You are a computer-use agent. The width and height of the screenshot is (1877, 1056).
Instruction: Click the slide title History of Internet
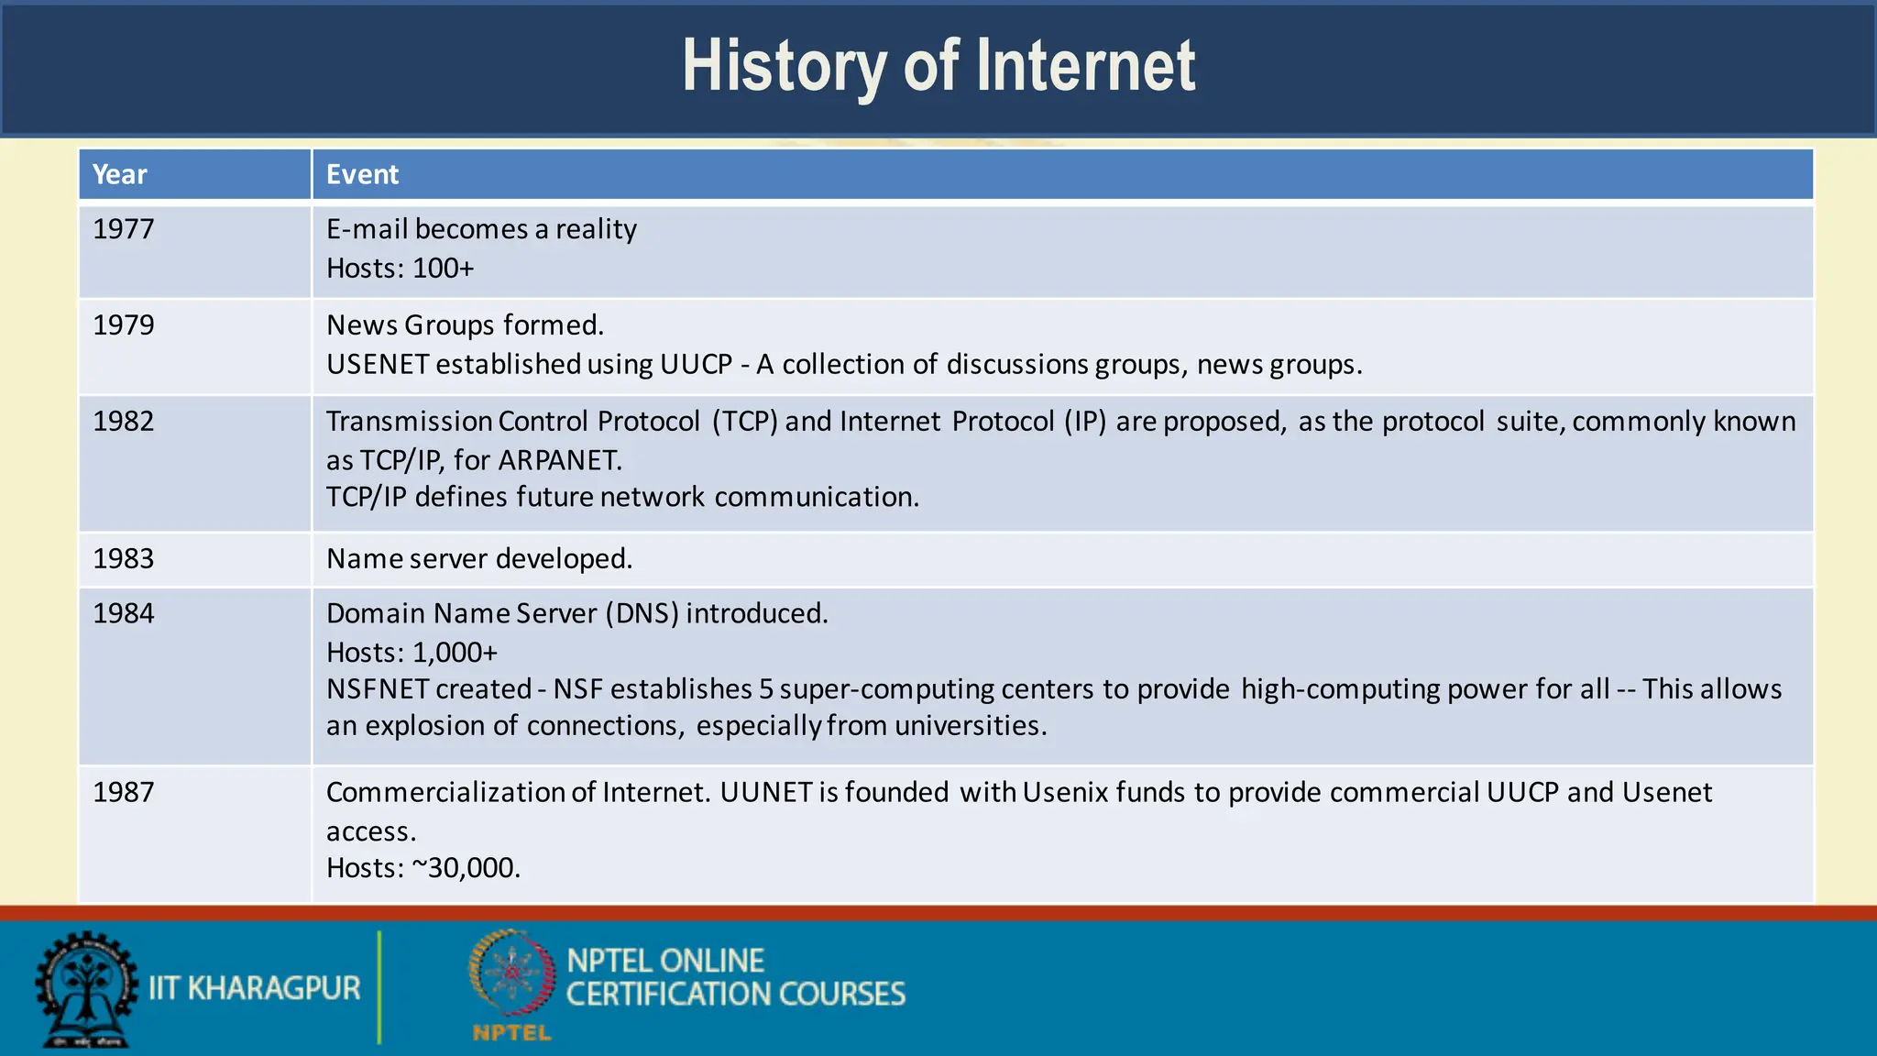[938, 66]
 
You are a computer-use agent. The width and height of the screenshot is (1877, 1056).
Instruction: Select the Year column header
[119, 174]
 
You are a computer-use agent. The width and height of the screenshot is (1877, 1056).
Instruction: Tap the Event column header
[362, 174]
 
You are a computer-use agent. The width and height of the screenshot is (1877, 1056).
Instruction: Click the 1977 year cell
[124, 229]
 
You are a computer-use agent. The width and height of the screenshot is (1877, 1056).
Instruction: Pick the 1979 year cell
[124, 325]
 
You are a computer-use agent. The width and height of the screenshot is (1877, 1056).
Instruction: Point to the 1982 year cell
[124, 422]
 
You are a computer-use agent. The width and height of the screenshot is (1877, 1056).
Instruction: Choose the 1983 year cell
[124, 559]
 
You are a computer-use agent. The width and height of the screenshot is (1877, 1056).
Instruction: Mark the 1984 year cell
[124, 613]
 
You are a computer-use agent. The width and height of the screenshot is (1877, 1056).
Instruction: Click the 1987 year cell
[124, 792]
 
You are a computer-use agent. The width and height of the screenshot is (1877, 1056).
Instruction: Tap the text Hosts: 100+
[401, 269]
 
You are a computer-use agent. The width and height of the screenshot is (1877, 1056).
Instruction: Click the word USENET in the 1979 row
[378, 365]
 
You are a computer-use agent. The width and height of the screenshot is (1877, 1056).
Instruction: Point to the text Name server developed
[479, 559]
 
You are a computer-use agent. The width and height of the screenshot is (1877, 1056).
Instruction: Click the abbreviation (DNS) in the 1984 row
[642, 613]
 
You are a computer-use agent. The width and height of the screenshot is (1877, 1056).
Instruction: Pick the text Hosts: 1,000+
[412, 653]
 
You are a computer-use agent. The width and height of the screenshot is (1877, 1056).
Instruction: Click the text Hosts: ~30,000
[423, 868]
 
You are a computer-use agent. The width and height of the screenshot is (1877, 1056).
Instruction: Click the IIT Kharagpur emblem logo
[86, 989]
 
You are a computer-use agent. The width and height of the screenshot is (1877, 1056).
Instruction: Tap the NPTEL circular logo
[512, 973]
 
